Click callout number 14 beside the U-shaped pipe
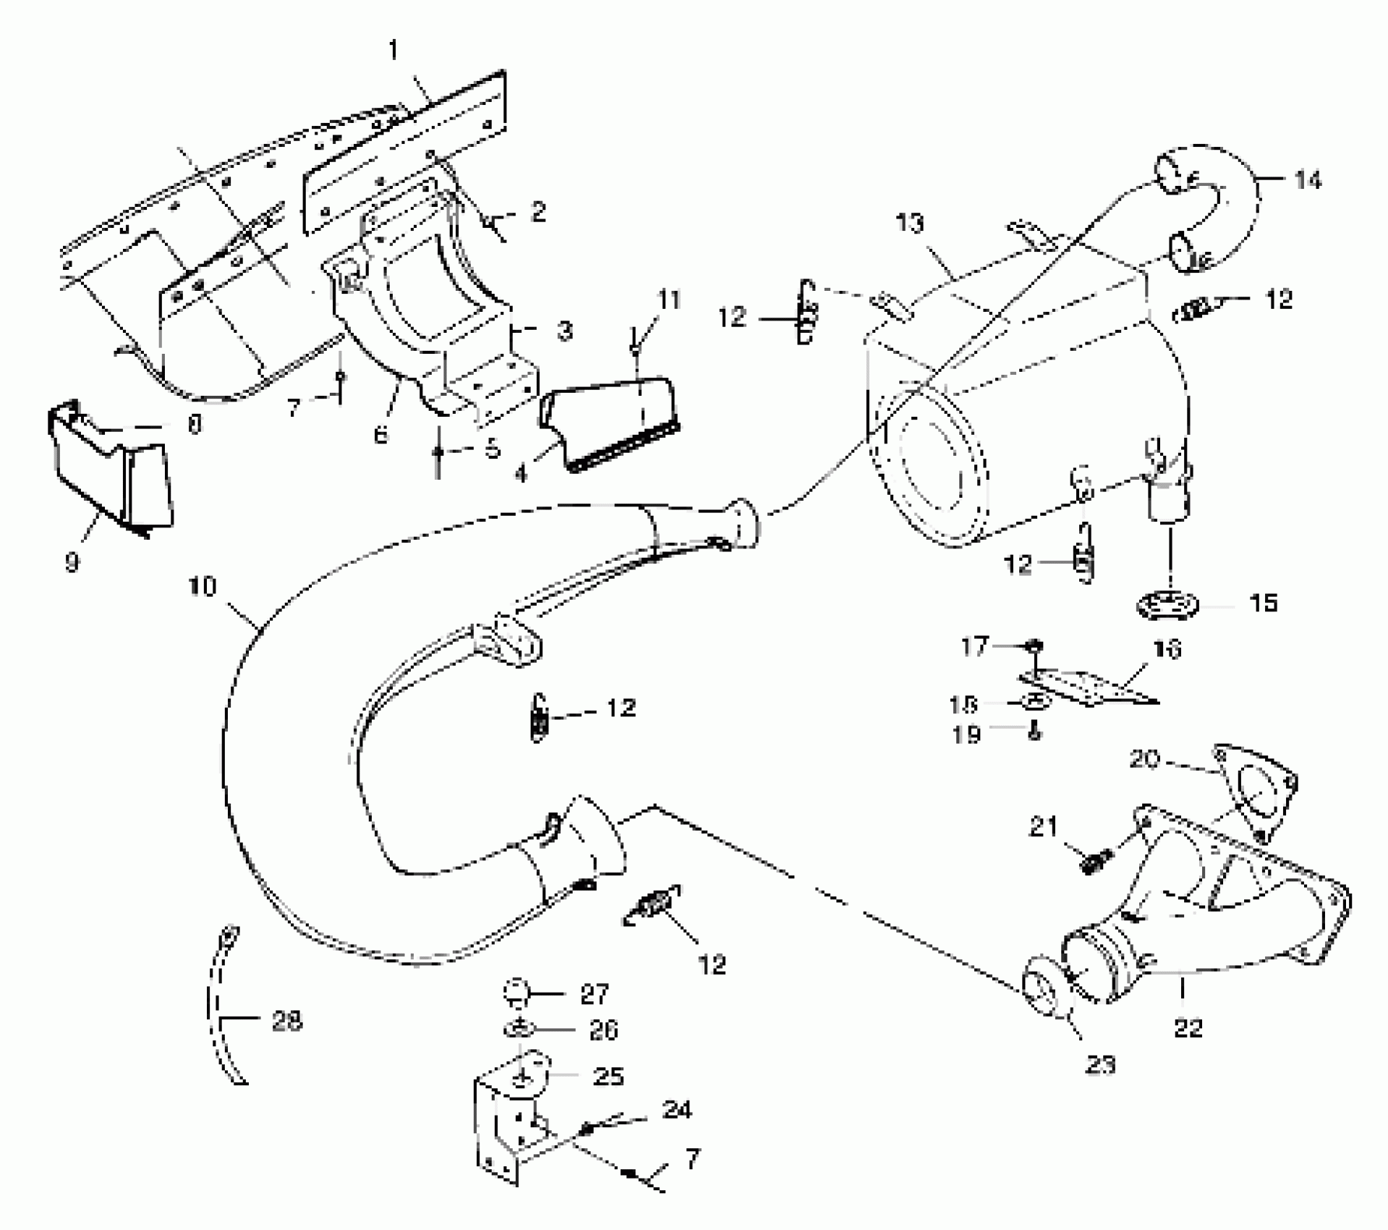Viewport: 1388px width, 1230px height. [1307, 179]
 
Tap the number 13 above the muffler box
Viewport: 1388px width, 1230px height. [910, 224]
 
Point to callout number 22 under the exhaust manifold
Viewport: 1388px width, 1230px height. [1188, 1028]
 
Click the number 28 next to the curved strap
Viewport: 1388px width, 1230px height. [286, 1021]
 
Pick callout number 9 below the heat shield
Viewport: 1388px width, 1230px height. [72, 562]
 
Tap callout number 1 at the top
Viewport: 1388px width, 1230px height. [393, 51]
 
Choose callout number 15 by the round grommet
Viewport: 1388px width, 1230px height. [1263, 603]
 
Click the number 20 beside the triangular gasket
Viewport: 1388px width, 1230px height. [1144, 759]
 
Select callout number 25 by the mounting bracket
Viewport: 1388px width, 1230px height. [608, 1076]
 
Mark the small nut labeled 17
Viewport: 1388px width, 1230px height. [1035, 645]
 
